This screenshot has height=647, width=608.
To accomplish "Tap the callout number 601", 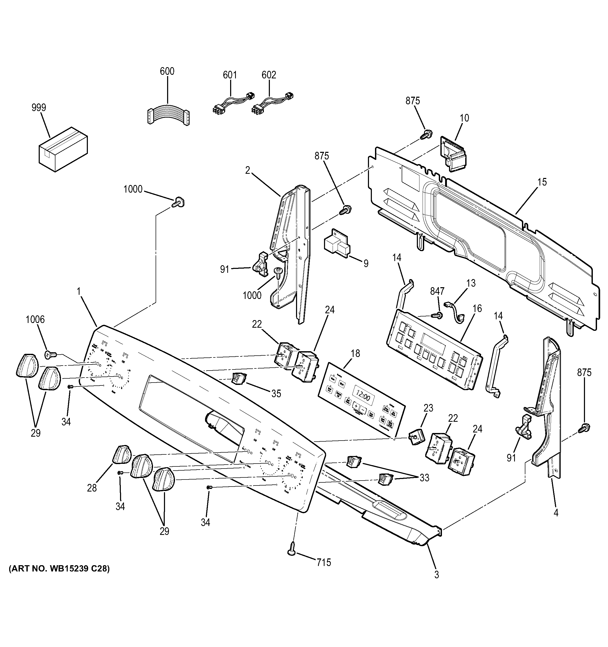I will click(230, 75).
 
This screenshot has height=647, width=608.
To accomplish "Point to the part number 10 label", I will click(464, 118).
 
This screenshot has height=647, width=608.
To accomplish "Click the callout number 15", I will click(542, 182).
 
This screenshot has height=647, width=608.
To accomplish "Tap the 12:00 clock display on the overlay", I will click(362, 398).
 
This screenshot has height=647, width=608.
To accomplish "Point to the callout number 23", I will click(428, 408).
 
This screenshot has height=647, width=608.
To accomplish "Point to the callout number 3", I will click(436, 575).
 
